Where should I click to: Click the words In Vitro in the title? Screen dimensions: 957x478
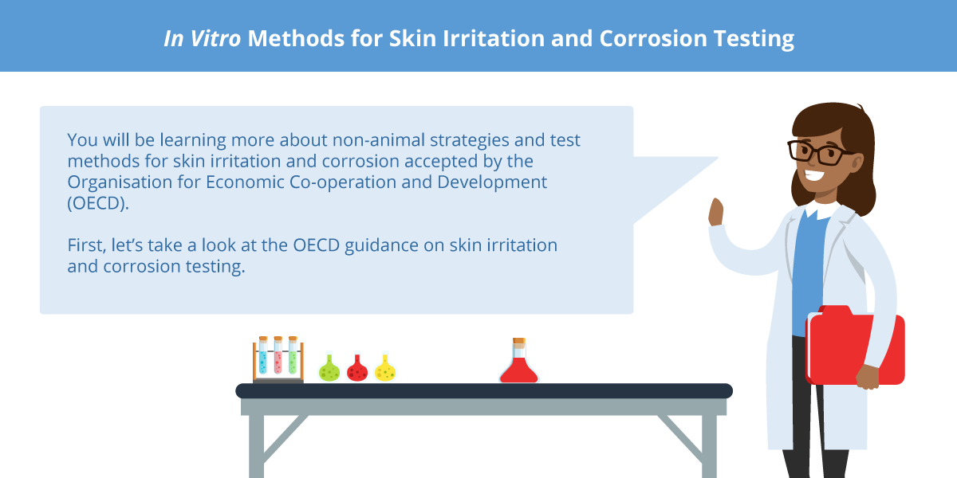pos(203,38)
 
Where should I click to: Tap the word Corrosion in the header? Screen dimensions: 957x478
pos(653,38)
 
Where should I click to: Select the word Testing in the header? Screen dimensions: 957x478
pos(754,39)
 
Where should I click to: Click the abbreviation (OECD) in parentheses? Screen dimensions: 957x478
pos(98,203)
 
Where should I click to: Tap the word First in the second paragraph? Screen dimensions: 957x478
pos(86,245)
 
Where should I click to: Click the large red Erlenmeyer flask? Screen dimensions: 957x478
pos(518,361)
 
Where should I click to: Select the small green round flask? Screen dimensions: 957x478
pos(329,367)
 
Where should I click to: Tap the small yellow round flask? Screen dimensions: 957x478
pos(385,367)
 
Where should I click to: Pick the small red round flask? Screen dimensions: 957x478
pos(357,367)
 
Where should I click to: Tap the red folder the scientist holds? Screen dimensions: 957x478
pos(855,345)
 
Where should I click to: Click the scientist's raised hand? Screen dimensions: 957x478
pos(715,212)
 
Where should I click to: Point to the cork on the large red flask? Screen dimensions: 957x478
pos(519,341)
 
